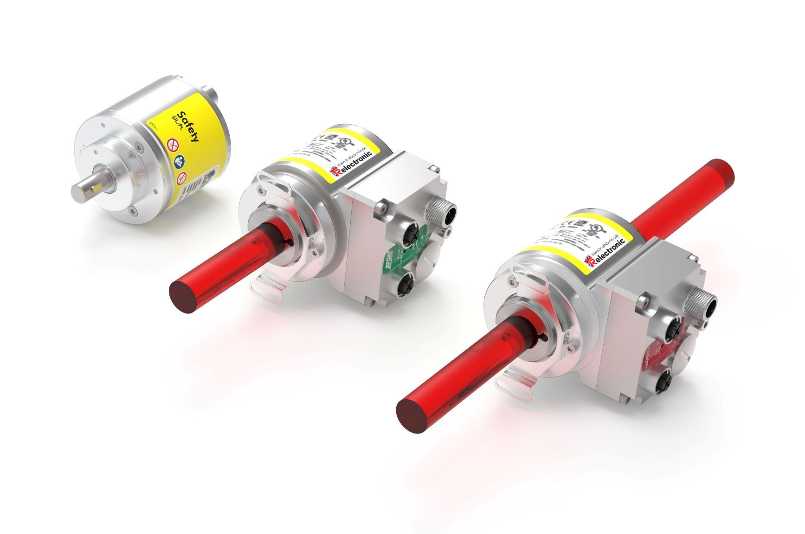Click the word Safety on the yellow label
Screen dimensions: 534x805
pyautogui.click(x=189, y=126)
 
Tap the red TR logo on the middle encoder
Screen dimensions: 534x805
pyautogui.click(x=335, y=173)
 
